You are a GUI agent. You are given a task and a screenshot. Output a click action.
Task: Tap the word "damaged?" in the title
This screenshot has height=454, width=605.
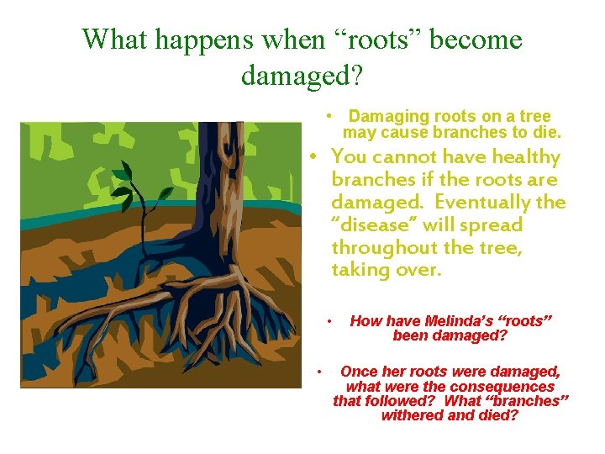click(302, 76)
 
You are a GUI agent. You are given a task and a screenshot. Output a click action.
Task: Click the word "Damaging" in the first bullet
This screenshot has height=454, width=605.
click(388, 117)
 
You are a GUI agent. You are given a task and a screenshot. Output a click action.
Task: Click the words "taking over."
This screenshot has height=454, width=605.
click(386, 271)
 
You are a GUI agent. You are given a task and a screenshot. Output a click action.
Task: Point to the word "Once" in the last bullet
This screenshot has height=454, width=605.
click(359, 372)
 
